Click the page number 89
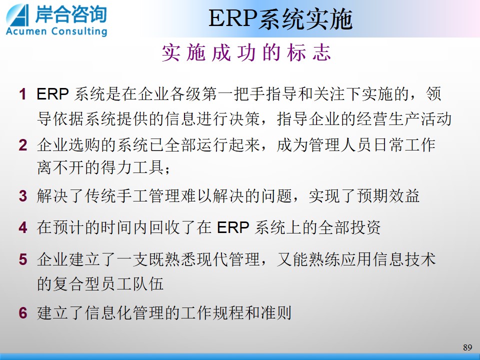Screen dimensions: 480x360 (467, 347)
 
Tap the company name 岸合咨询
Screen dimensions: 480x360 (70, 14)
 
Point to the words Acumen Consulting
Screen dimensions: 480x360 (56, 31)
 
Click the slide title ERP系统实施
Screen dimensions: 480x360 (280, 19)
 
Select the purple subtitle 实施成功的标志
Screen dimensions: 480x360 (246, 52)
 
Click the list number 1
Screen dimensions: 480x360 (22, 94)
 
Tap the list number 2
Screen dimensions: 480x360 (23, 145)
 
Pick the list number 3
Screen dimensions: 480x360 (23, 196)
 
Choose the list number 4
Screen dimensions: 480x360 (23, 227)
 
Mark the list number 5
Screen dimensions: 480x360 (23, 259)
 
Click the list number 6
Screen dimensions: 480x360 (23, 313)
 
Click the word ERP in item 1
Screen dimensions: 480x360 (52, 94)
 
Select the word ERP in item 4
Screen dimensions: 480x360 (233, 227)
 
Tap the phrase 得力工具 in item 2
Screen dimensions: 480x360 (133, 168)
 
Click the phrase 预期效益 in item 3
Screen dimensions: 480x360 (388, 196)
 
